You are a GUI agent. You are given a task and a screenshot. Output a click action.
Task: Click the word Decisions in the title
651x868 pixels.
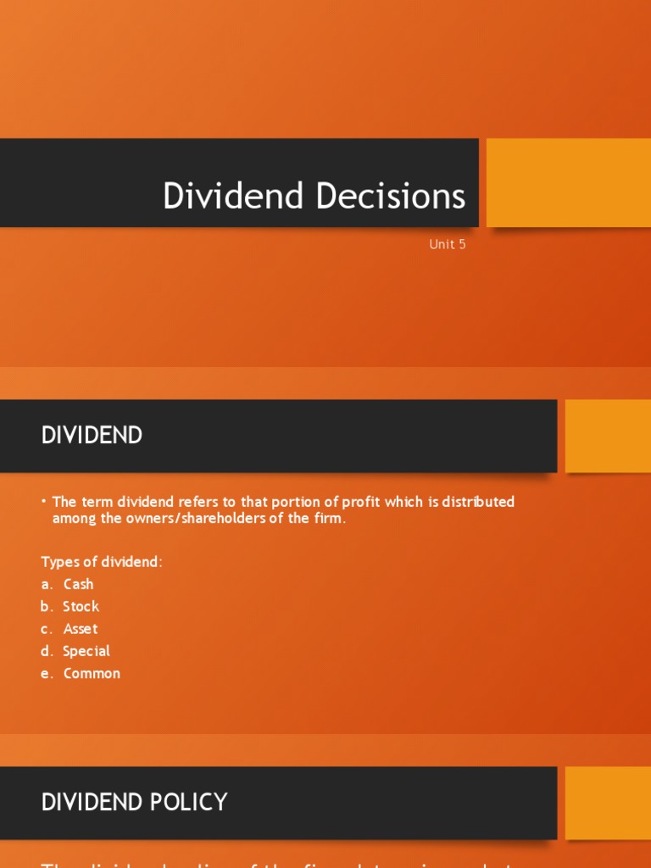391,196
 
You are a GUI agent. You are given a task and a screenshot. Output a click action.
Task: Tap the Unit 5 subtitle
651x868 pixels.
448,245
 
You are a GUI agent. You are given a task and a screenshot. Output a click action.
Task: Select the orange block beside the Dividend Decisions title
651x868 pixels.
568,182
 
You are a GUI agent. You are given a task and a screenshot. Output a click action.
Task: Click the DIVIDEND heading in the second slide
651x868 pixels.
92,436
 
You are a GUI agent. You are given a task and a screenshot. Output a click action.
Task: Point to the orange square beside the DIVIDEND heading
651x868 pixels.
607,436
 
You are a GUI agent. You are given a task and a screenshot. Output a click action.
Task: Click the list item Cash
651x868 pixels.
79,584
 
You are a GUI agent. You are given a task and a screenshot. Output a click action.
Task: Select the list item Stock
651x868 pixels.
81,606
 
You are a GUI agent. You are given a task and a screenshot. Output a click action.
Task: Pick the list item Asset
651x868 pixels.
81,629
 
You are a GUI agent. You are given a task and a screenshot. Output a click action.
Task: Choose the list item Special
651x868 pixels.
86,651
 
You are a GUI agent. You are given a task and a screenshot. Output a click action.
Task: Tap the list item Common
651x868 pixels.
92,674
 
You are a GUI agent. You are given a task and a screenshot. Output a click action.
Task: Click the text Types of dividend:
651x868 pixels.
102,562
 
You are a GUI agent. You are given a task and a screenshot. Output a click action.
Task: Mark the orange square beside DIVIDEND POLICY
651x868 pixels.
607,802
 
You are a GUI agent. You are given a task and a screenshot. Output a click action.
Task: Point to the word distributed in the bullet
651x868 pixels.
478,502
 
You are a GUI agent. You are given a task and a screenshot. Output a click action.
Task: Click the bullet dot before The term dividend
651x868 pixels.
43,501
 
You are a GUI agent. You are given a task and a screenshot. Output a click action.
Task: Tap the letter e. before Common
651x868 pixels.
47,674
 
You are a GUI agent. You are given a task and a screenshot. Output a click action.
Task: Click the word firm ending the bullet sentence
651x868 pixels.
329,519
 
